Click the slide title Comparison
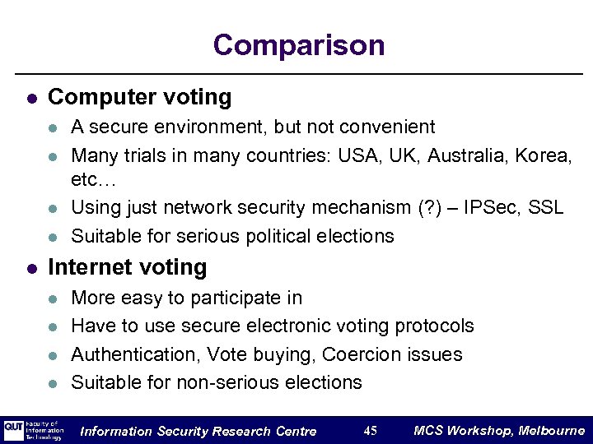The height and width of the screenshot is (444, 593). tap(298, 45)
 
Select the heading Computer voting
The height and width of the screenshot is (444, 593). tap(140, 97)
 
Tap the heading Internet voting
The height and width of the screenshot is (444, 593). tap(128, 267)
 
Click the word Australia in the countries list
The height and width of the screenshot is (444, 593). tap(465, 155)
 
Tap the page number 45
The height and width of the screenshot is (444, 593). tap(370, 431)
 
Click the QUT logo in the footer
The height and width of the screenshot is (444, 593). tap(14, 430)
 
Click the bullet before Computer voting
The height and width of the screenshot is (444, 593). tap(30, 98)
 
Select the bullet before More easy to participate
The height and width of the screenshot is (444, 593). tap(54, 298)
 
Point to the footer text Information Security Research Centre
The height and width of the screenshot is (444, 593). tap(198, 431)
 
